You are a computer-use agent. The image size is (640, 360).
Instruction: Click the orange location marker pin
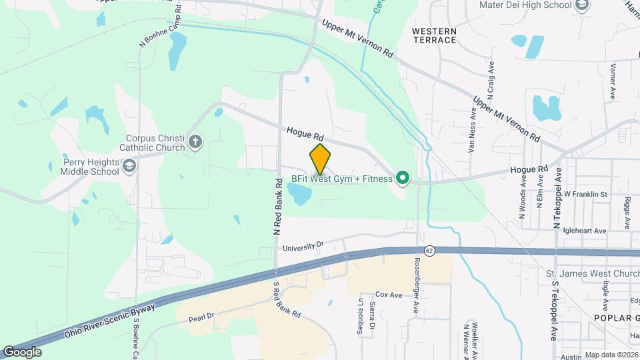[x=321, y=159]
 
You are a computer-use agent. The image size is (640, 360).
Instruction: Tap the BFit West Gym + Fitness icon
[x=402, y=178]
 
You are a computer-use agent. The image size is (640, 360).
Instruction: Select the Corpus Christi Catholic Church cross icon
[x=195, y=141]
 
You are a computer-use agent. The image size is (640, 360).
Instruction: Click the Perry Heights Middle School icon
[x=128, y=165]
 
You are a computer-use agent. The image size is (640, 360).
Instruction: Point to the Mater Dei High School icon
[x=582, y=5]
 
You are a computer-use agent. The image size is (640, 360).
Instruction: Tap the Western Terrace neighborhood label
[x=434, y=36]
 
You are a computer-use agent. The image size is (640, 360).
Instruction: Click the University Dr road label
[x=303, y=247]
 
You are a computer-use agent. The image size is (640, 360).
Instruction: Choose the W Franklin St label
[x=585, y=194]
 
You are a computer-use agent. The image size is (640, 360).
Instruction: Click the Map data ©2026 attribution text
[x=611, y=355]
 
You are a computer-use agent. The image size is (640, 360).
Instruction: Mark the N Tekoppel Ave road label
[x=557, y=199]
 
